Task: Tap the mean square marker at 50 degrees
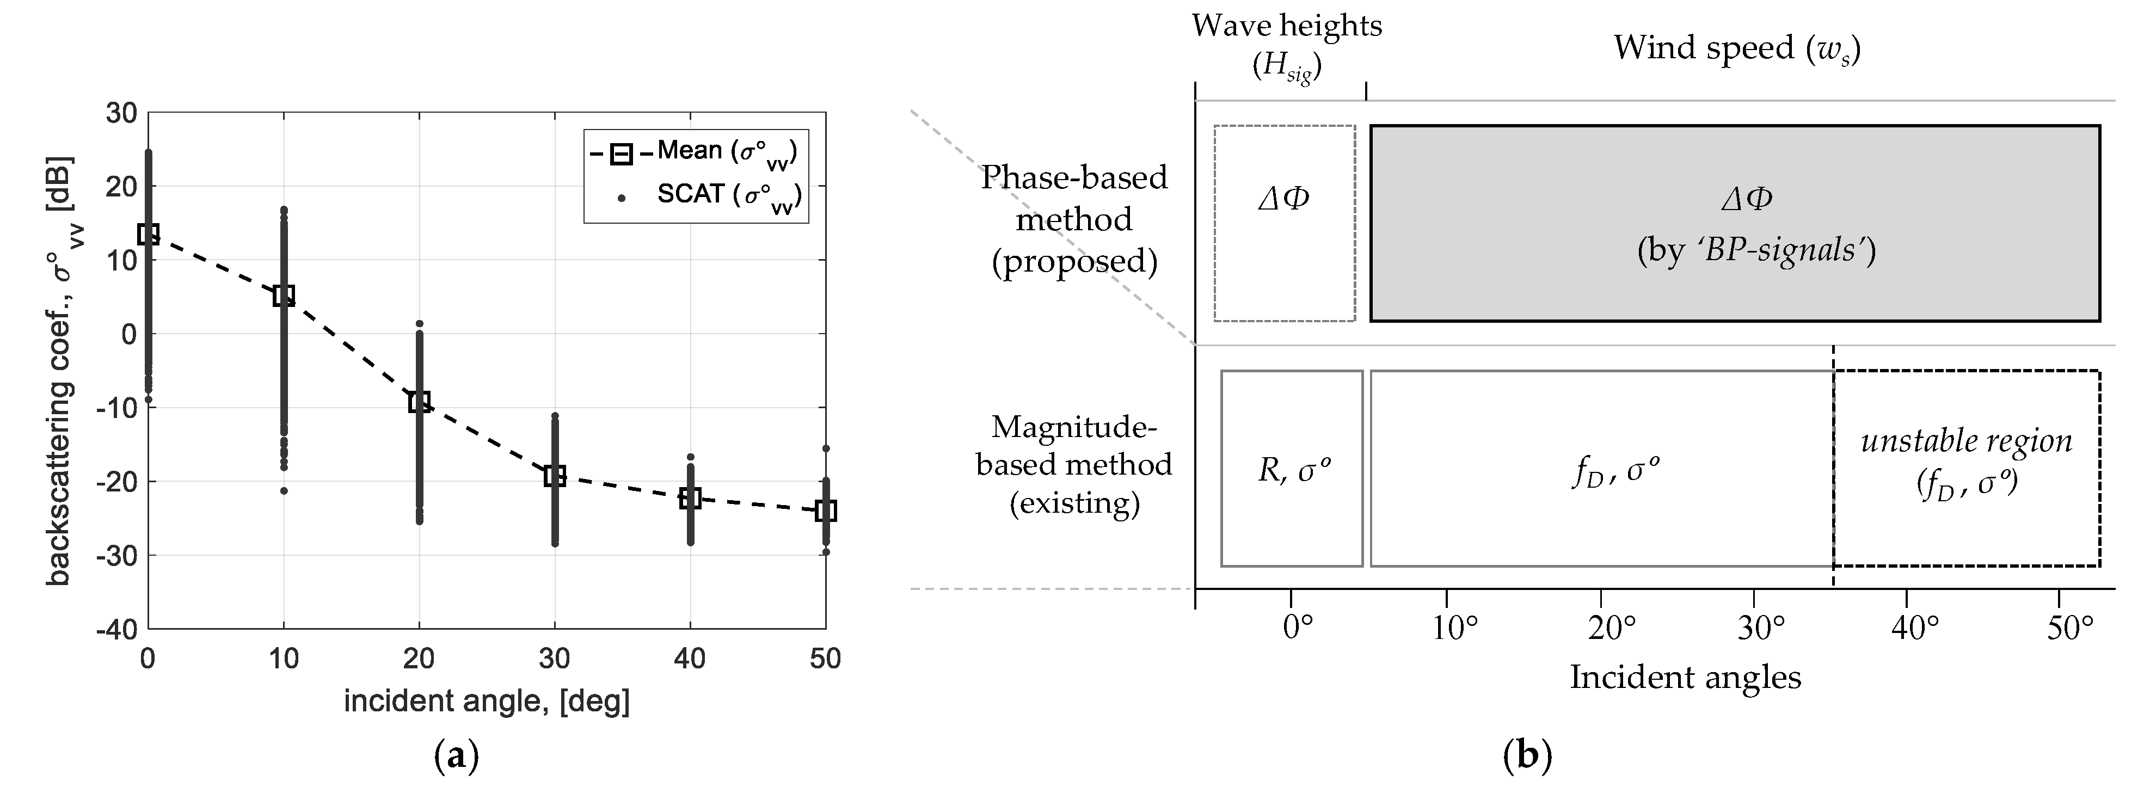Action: click(x=826, y=511)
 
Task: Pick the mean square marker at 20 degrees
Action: click(x=419, y=402)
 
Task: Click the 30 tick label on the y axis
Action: click(x=121, y=113)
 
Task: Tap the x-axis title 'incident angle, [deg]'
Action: click(x=487, y=701)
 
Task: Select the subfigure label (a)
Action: click(x=457, y=756)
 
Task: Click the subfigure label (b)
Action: click(x=1527, y=756)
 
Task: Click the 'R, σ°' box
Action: click(x=1292, y=469)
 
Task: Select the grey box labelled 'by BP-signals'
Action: click(x=1734, y=223)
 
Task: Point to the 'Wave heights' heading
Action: click(x=1286, y=27)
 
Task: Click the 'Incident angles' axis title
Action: click(x=1685, y=677)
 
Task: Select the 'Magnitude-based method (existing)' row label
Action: click(x=1074, y=465)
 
